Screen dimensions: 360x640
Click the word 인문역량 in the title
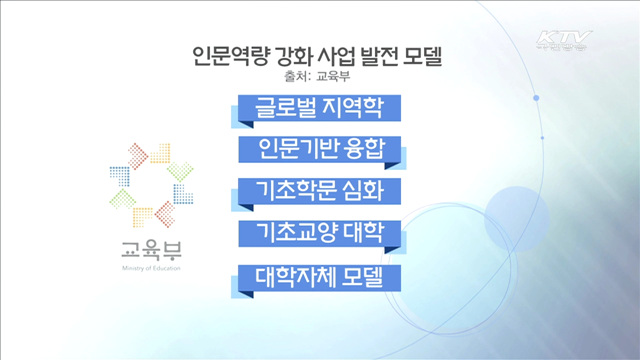point(227,53)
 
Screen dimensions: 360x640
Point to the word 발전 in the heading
point(390,53)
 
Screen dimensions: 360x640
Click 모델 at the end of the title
point(437,53)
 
